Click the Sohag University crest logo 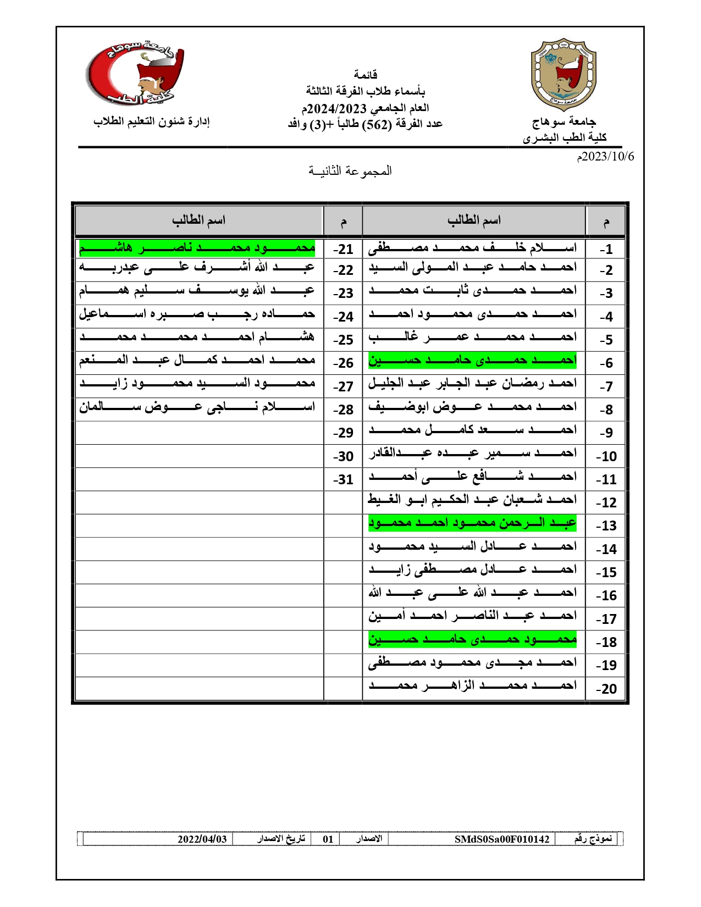(563, 75)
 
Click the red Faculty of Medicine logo (135, 74)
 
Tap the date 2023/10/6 (605, 157)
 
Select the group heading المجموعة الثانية (350, 171)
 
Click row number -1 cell (606, 249)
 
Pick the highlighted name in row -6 (472, 361)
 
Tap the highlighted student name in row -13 (472, 523)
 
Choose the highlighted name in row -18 (472, 639)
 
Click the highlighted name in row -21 (197, 248)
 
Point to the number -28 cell (343, 410)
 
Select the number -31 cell (343, 479)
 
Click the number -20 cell (606, 689)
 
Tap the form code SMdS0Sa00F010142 (501, 839)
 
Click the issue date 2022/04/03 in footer (202, 839)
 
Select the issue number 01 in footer (328, 839)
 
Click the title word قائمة (365, 74)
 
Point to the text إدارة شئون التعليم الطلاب (151, 121)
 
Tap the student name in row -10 (472, 453)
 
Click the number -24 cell (343, 317)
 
